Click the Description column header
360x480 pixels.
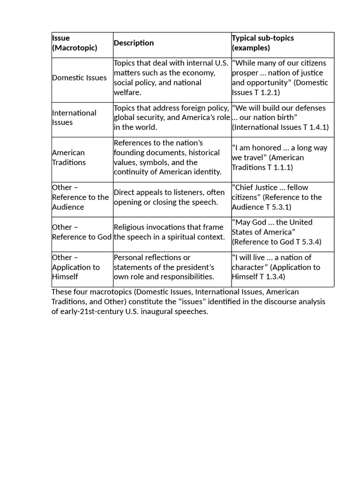click(134, 43)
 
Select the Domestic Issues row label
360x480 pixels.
click(79, 78)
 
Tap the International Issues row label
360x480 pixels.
click(74, 118)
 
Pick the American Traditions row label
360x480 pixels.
click(69, 157)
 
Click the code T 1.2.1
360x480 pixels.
click(266, 92)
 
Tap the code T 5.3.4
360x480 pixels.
click(308, 242)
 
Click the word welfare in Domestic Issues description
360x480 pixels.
click(127, 92)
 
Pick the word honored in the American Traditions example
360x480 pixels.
click(266, 148)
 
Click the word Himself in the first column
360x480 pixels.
click(65, 277)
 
